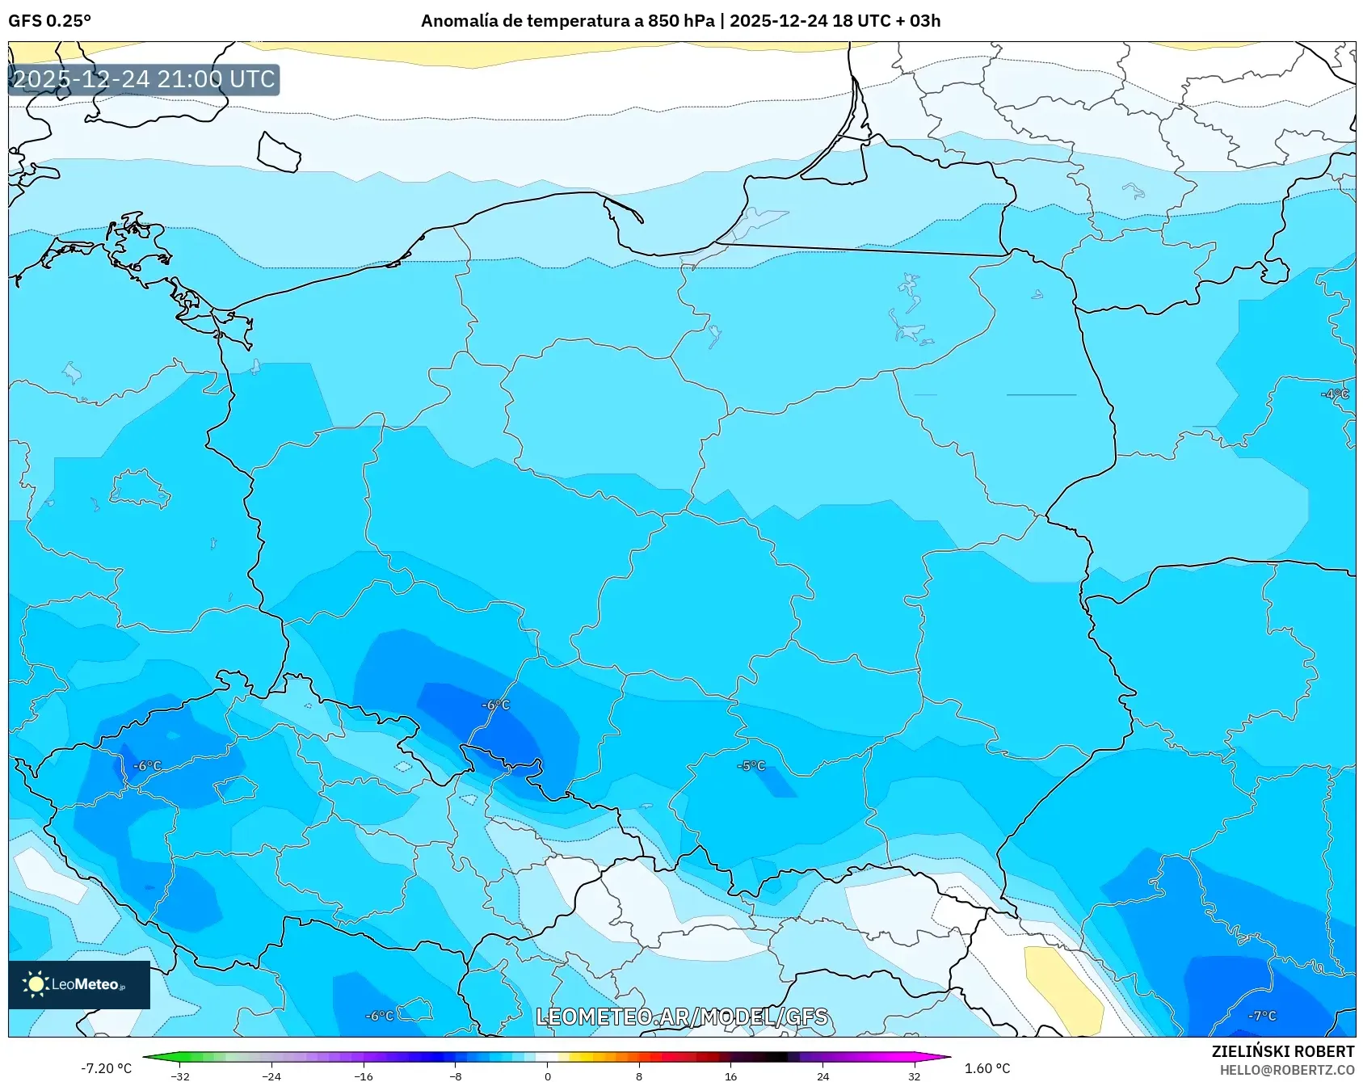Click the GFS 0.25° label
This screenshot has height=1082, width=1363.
[x=49, y=21]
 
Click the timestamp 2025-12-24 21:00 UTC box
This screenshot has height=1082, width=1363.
[x=144, y=79]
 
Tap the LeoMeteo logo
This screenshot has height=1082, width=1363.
[x=78, y=984]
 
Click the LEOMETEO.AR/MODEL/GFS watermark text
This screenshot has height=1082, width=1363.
[x=682, y=1017]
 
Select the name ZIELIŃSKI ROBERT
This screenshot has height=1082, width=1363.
[x=1282, y=1051]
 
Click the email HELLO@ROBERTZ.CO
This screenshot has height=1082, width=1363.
[x=1286, y=1070]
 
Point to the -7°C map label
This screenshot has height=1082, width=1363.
[x=1262, y=1016]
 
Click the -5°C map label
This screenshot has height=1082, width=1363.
[x=751, y=765]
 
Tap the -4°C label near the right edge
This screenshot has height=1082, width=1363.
[x=1335, y=394]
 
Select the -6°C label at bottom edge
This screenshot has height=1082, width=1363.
[x=379, y=1016]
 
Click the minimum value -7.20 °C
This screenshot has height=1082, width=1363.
[x=106, y=1068]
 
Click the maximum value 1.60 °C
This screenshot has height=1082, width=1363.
[x=987, y=1068]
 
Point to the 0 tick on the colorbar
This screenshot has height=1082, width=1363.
[x=547, y=1076]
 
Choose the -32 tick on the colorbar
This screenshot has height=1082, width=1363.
[x=180, y=1076]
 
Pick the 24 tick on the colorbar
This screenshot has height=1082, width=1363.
[x=822, y=1076]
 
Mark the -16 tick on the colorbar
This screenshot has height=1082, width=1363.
[x=364, y=1076]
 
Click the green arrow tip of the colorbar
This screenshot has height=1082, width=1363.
[x=148, y=1057]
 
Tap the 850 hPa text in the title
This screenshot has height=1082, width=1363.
[x=680, y=21]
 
